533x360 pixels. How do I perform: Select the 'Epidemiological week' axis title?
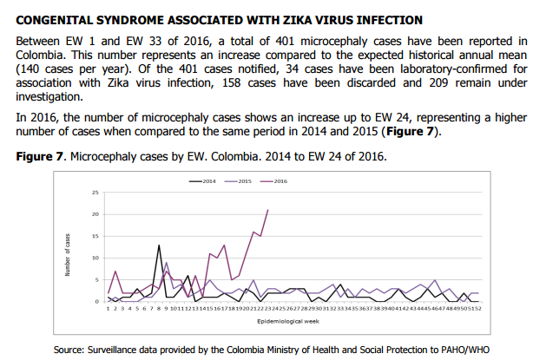click(x=290, y=320)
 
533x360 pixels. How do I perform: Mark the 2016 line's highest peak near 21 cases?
click(x=267, y=210)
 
